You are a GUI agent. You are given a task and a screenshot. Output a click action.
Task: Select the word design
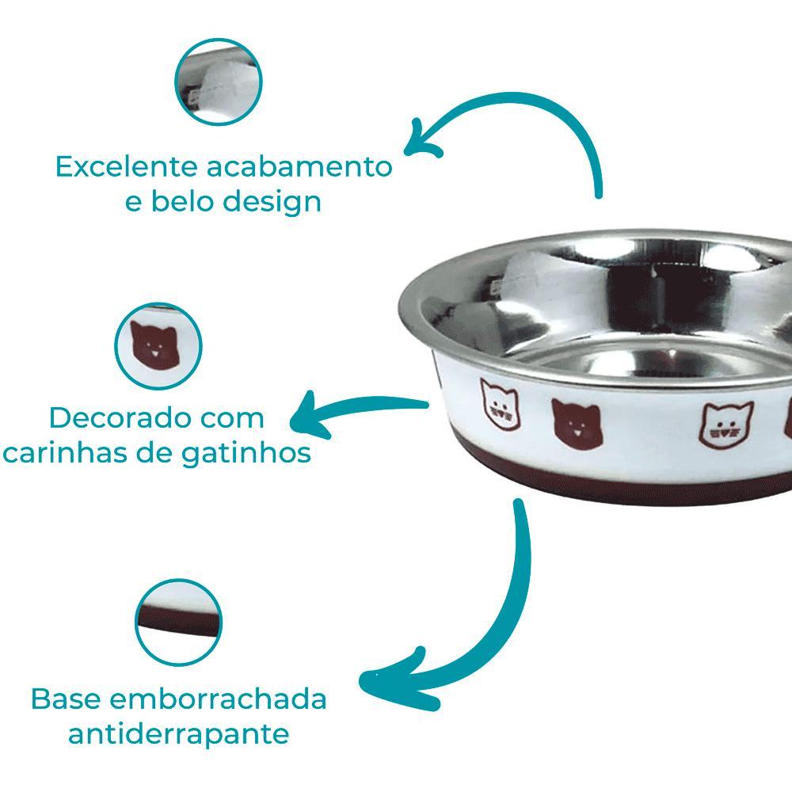pyautogui.click(x=272, y=201)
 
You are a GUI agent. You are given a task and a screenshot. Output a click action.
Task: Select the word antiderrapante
pyautogui.click(x=178, y=734)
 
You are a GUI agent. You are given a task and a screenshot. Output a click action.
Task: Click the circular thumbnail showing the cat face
pyautogui.click(x=158, y=347)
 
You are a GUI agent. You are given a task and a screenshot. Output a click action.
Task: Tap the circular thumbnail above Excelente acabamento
pyautogui.click(x=219, y=82)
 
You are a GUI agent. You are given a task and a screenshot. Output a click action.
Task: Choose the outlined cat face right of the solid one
pyautogui.click(x=726, y=425)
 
